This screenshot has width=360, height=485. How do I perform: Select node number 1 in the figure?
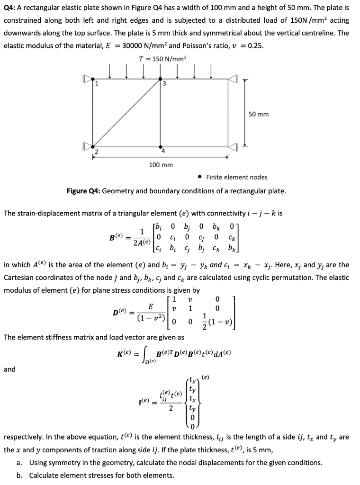click(97, 84)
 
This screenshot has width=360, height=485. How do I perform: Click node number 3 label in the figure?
click(164, 84)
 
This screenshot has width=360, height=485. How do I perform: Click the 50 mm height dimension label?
click(258, 114)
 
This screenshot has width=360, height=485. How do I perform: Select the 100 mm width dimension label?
click(161, 165)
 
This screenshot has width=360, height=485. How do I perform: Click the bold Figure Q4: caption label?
click(83, 191)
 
